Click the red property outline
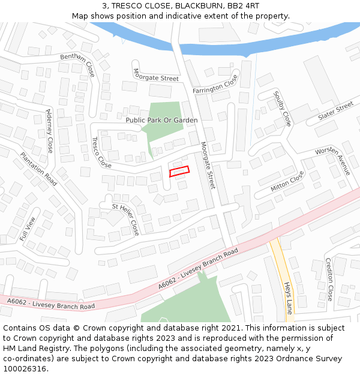pos(179,172)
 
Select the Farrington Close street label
pos(215,84)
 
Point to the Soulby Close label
pos(282,108)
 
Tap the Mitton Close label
pos(287,181)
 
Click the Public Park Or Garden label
pos(161,120)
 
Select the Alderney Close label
pos(49,131)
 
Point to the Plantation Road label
pos(38,169)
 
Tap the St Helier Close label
pos(126,218)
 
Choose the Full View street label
pos(28,229)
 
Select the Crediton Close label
pos(329,279)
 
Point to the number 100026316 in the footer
pos(25,368)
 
